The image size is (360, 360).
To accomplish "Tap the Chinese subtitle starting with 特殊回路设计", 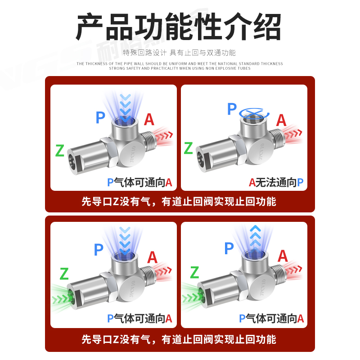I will click(x=180, y=53).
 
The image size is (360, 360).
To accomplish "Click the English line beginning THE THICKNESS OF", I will click(x=180, y=63).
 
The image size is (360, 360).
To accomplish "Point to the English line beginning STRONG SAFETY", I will click(x=180, y=68).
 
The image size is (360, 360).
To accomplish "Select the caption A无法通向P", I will click(x=276, y=182).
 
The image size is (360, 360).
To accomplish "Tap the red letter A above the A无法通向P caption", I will click(x=281, y=120).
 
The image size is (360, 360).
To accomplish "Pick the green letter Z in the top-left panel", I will click(x=60, y=150).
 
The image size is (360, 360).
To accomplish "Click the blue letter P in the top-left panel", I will click(x=100, y=118).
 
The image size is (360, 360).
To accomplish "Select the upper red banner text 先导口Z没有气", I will click(x=179, y=202).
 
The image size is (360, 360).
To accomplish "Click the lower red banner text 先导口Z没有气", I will click(x=179, y=339).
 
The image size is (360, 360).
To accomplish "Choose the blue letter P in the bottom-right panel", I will click(x=229, y=248).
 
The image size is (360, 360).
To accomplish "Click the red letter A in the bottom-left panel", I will click(x=152, y=257).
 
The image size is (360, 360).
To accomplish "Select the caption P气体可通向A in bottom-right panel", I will click(x=271, y=319).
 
